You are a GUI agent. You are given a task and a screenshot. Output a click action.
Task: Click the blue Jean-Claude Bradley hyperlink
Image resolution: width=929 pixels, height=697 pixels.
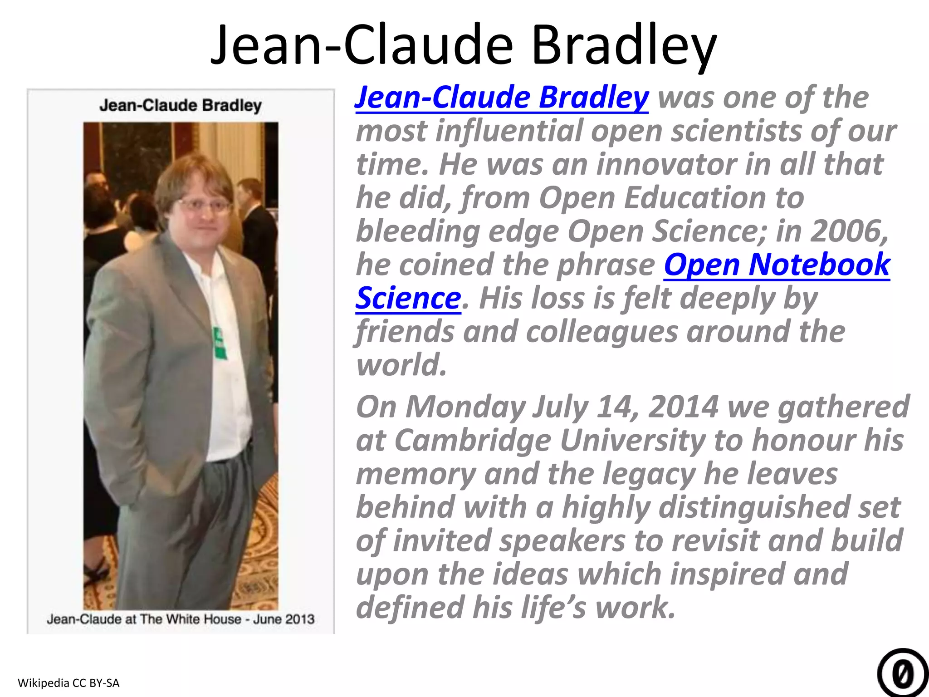501,98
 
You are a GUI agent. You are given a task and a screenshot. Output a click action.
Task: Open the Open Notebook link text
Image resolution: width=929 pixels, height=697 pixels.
777,265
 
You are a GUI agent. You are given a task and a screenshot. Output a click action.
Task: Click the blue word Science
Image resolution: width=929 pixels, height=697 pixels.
408,298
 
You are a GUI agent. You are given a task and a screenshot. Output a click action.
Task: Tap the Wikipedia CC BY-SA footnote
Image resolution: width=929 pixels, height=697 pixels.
68,682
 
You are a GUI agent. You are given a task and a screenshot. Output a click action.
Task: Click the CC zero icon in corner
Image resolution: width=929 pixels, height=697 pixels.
902,674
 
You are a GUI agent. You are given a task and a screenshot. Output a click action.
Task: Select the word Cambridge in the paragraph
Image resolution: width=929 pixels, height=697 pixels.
472,440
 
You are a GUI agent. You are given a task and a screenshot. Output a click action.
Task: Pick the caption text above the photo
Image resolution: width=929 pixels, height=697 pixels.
181,105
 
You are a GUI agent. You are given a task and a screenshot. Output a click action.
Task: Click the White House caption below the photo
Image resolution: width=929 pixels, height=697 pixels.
181,619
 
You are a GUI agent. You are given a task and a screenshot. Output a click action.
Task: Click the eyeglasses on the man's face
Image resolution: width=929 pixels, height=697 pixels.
204,205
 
